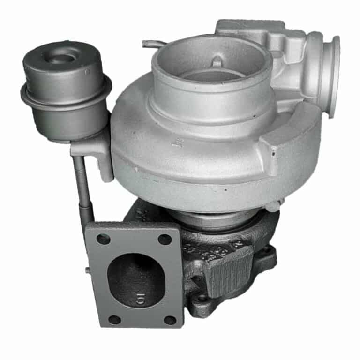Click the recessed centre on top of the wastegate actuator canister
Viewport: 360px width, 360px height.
(62, 59)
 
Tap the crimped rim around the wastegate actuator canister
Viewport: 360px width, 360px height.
(66, 94)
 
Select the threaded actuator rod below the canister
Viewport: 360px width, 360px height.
(82, 183)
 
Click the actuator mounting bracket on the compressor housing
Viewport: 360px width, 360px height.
(96, 150)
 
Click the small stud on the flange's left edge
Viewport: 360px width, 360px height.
(88, 270)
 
